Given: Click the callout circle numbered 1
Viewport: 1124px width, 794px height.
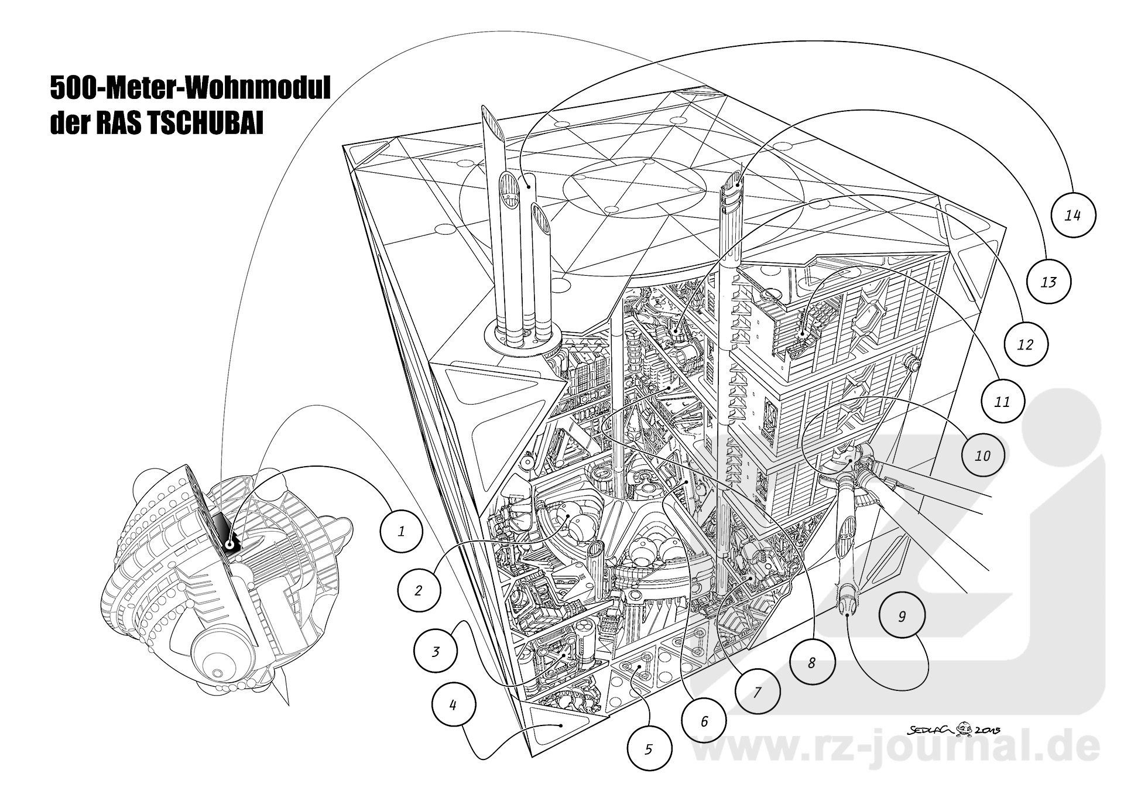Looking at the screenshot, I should (x=401, y=532).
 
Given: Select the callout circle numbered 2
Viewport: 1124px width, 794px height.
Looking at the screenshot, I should (x=418, y=590).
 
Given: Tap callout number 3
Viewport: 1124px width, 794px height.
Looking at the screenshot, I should (x=435, y=651).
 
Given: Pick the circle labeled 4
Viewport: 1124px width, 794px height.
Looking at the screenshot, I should (x=453, y=705).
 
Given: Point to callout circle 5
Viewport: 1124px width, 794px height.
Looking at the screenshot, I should (x=649, y=749).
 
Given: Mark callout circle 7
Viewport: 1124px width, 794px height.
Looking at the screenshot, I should (x=757, y=693).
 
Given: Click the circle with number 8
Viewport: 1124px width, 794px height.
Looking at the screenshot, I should (x=811, y=663).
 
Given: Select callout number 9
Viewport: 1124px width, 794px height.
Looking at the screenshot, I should (x=902, y=616).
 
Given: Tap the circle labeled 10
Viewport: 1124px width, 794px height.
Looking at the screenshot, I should (x=982, y=455).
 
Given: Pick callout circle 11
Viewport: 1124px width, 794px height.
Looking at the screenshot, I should (x=1002, y=402).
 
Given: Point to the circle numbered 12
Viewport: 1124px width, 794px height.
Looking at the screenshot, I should (x=1025, y=344).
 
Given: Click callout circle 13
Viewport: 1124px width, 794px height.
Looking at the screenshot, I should (x=1048, y=282).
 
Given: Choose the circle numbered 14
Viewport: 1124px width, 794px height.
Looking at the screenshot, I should (x=1072, y=215).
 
